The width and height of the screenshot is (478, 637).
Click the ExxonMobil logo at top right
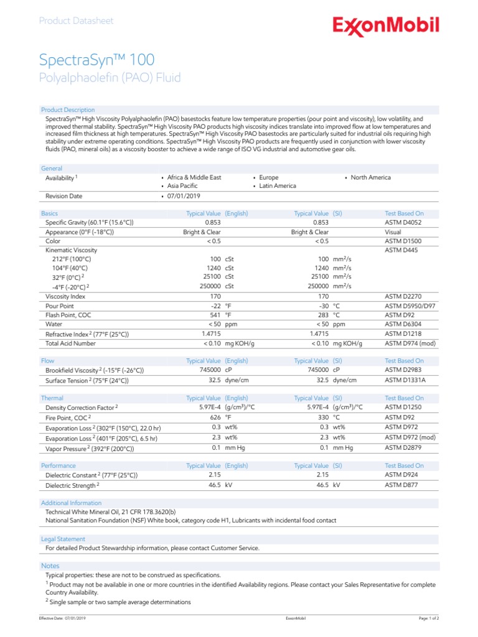[x=385, y=26]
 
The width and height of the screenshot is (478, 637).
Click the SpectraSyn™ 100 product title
[x=96, y=60]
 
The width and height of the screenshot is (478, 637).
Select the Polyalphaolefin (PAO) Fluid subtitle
[x=110, y=78]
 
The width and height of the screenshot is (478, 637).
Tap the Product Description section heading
[x=68, y=110]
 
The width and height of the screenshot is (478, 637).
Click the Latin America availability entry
[x=278, y=186]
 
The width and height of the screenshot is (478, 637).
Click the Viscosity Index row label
[x=65, y=297]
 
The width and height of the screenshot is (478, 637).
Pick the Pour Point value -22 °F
[x=221, y=306]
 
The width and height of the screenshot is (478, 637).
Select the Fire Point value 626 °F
[x=221, y=417]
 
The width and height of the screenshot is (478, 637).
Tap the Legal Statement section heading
[x=63, y=539]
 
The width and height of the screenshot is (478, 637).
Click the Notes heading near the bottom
[x=50, y=565]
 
